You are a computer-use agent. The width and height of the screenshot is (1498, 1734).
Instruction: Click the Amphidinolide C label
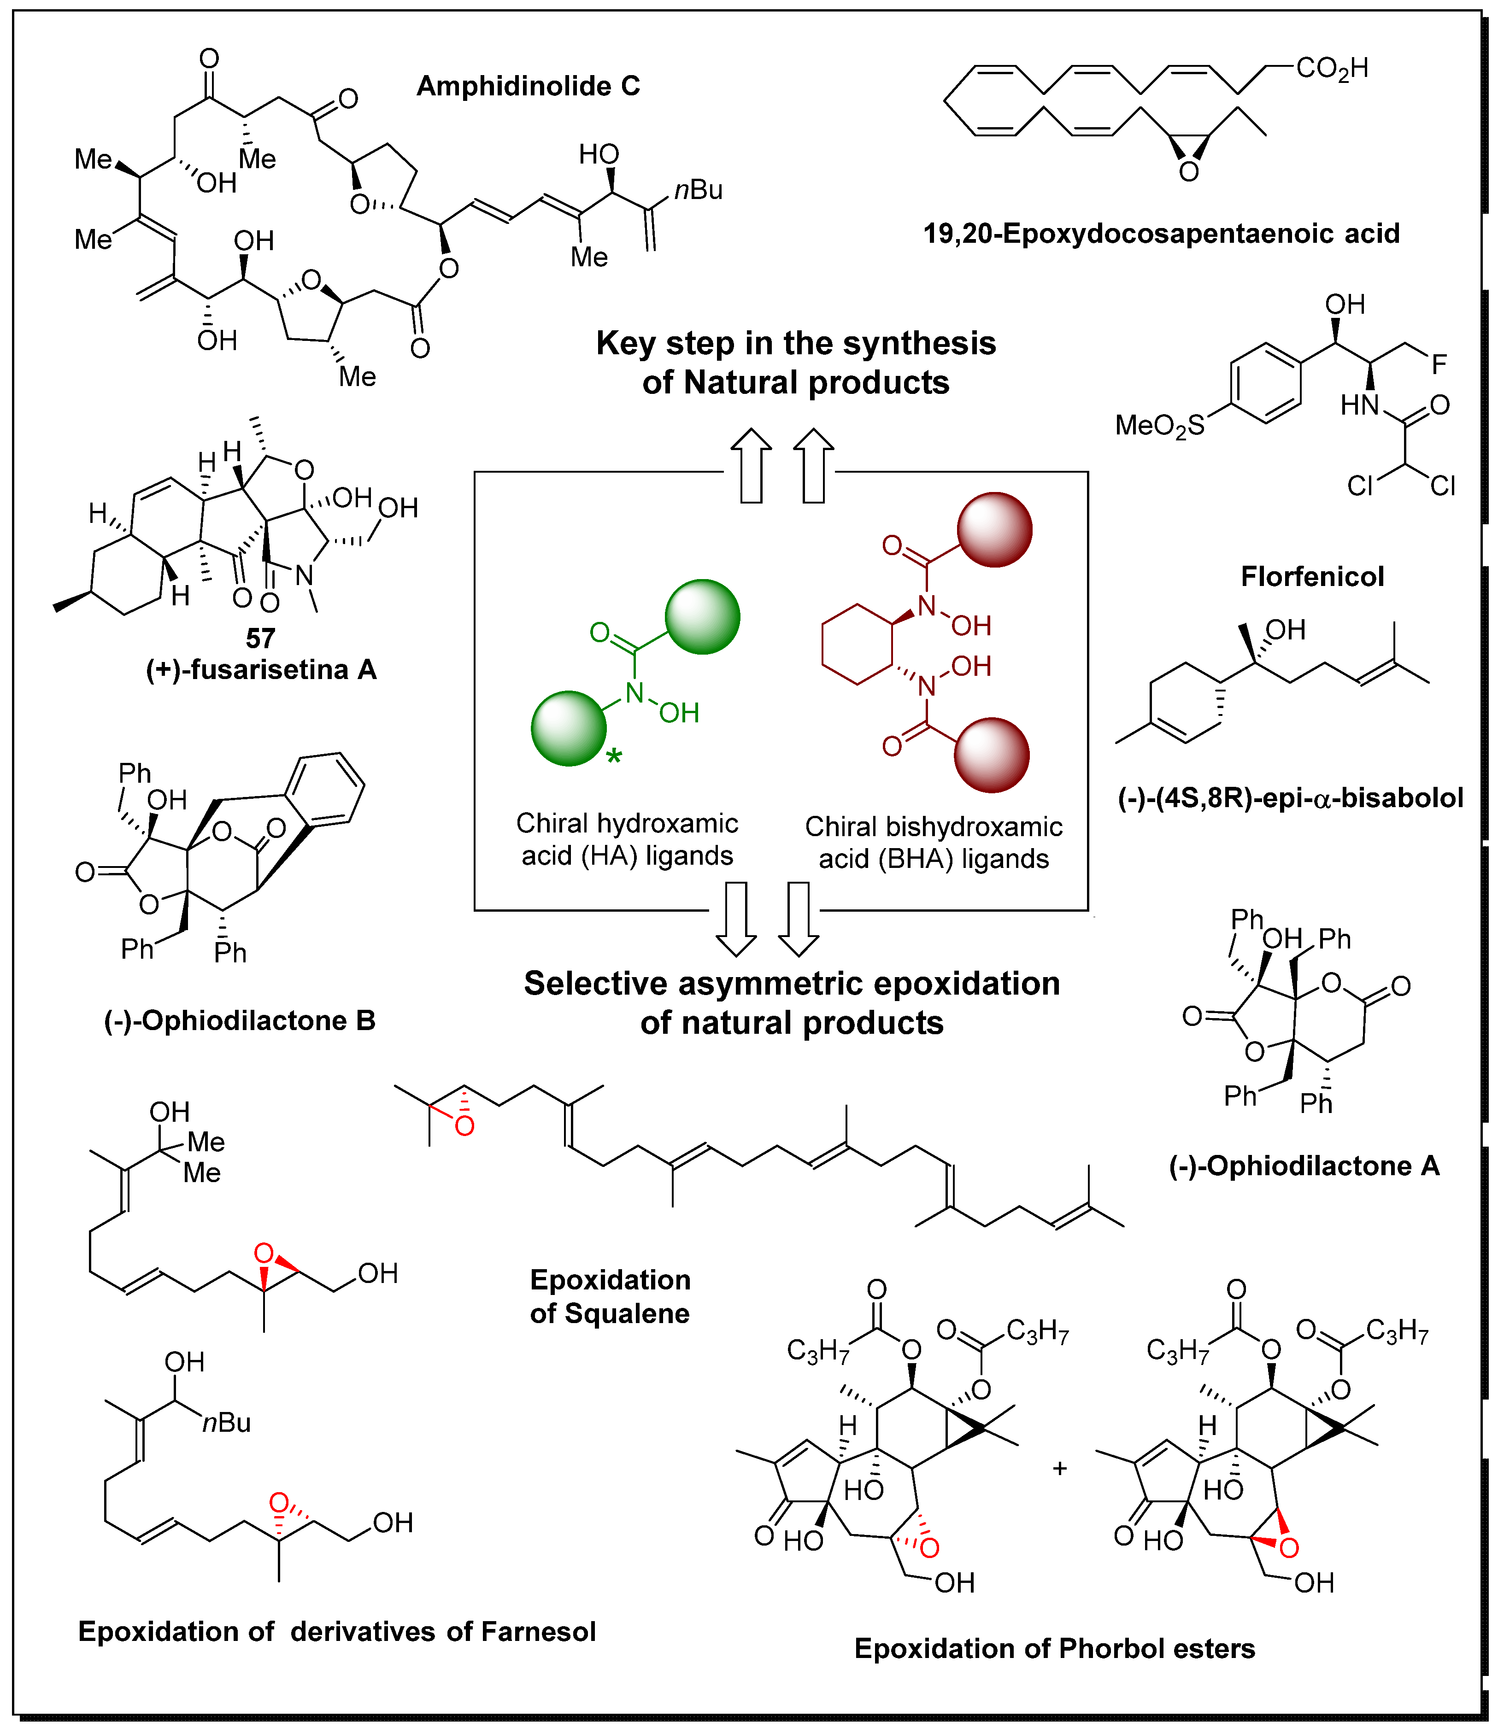[528, 86]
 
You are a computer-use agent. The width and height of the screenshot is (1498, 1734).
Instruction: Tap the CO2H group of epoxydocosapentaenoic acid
[1332, 69]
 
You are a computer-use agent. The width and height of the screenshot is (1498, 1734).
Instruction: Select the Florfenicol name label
[1311, 577]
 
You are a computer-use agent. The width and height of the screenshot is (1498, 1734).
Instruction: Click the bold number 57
[260, 639]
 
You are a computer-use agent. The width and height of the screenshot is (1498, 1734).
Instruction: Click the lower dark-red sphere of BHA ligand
[992, 755]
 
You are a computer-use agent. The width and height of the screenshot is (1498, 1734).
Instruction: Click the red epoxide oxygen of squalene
[464, 1126]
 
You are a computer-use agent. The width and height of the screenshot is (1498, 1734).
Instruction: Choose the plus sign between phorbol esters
[1059, 1468]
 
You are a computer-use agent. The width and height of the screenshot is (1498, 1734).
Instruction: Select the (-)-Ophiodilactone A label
[1304, 1166]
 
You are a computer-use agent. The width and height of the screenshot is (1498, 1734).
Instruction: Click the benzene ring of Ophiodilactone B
[326, 788]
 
